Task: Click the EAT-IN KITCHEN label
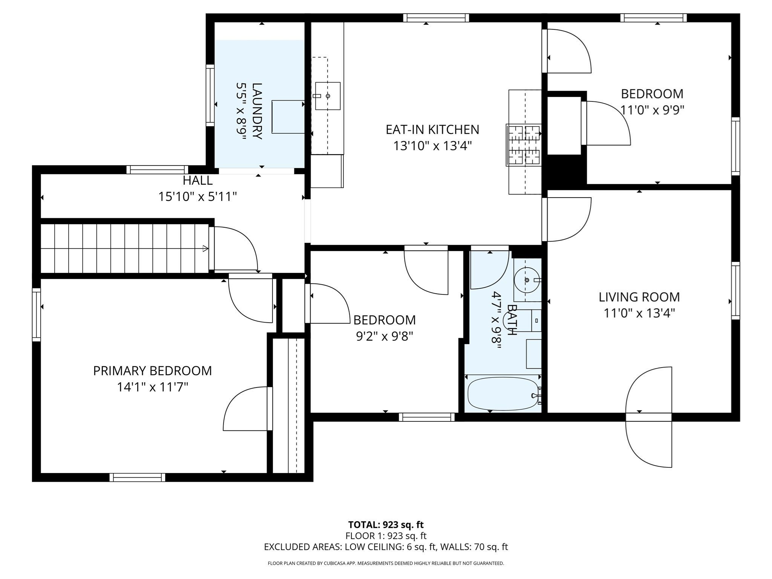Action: [x=432, y=130]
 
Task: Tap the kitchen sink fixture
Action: [x=328, y=96]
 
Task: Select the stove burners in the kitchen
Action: [x=524, y=145]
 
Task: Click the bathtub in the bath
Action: [x=503, y=394]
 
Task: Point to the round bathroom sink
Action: [x=527, y=280]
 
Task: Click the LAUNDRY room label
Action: [x=256, y=111]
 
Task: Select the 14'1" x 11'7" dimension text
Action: [x=152, y=387]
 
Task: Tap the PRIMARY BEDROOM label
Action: [x=152, y=371]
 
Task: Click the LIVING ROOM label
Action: [x=639, y=297]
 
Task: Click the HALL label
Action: [x=198, y=181]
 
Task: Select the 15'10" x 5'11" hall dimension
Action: [x=198, y=197]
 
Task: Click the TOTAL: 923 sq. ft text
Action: [x=386, y=525]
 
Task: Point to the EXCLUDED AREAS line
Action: [x=386, y=547]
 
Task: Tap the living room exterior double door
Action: [x=649, y=417]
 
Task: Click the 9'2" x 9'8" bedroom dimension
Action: [x=384, y=336]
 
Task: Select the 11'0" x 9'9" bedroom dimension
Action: [x=652, y=110]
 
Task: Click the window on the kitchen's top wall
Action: [x=436, y=18]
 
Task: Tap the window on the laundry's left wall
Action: [x=210, y=95]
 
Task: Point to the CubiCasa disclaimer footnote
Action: [x=386, y=564]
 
